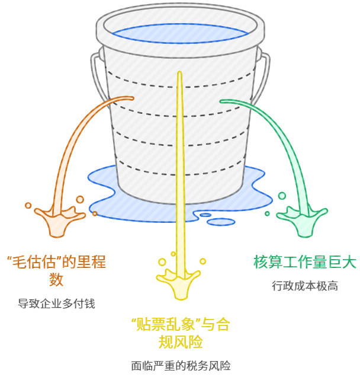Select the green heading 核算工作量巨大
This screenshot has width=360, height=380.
304,261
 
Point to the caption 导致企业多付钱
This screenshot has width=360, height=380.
56,304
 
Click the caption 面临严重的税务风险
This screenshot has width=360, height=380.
181,366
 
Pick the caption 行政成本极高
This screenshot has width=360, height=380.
305,286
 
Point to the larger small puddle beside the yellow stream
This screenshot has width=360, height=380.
220,222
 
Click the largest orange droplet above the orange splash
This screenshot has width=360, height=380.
80,200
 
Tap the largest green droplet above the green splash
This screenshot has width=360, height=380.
282,196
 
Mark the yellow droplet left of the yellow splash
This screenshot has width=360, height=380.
162,261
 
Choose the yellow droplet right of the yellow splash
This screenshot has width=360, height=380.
202,261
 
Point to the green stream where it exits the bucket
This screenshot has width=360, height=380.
224,101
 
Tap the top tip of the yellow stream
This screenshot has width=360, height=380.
179,73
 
